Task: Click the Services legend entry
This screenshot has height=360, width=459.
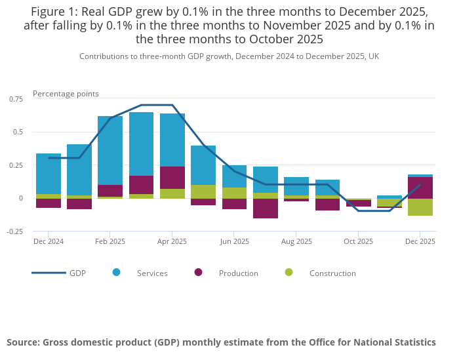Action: click(151, 273)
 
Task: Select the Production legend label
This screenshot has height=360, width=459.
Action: click(238, 273)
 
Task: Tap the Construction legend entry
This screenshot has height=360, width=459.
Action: click(332, 273)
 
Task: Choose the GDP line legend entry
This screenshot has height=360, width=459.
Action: click(77, 273)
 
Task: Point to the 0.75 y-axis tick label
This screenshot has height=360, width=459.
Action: click(15, 98)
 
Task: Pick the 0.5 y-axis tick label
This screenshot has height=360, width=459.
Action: click(18, 132)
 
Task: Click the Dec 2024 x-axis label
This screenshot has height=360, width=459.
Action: click(49, 241)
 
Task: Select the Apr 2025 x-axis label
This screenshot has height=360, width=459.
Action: click(172, 241)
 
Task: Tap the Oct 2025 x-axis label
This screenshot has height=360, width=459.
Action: click(358, 241)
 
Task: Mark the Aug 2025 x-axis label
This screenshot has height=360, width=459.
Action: click(296, 241)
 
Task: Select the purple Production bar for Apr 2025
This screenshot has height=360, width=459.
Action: click(172, 178)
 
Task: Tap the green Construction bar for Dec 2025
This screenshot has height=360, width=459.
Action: click(420, 207)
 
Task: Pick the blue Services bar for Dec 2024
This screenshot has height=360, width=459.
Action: click(49, 174)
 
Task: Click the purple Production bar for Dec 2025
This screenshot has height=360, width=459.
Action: click(420, 188)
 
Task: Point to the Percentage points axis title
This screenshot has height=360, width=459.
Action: click(66, 94)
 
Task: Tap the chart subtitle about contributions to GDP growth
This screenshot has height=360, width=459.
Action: click(229, 56)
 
